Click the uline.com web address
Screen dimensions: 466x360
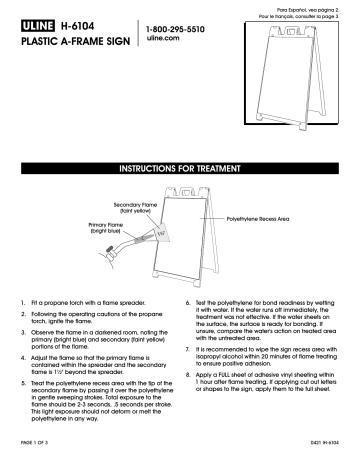click(x=165, y=43)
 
